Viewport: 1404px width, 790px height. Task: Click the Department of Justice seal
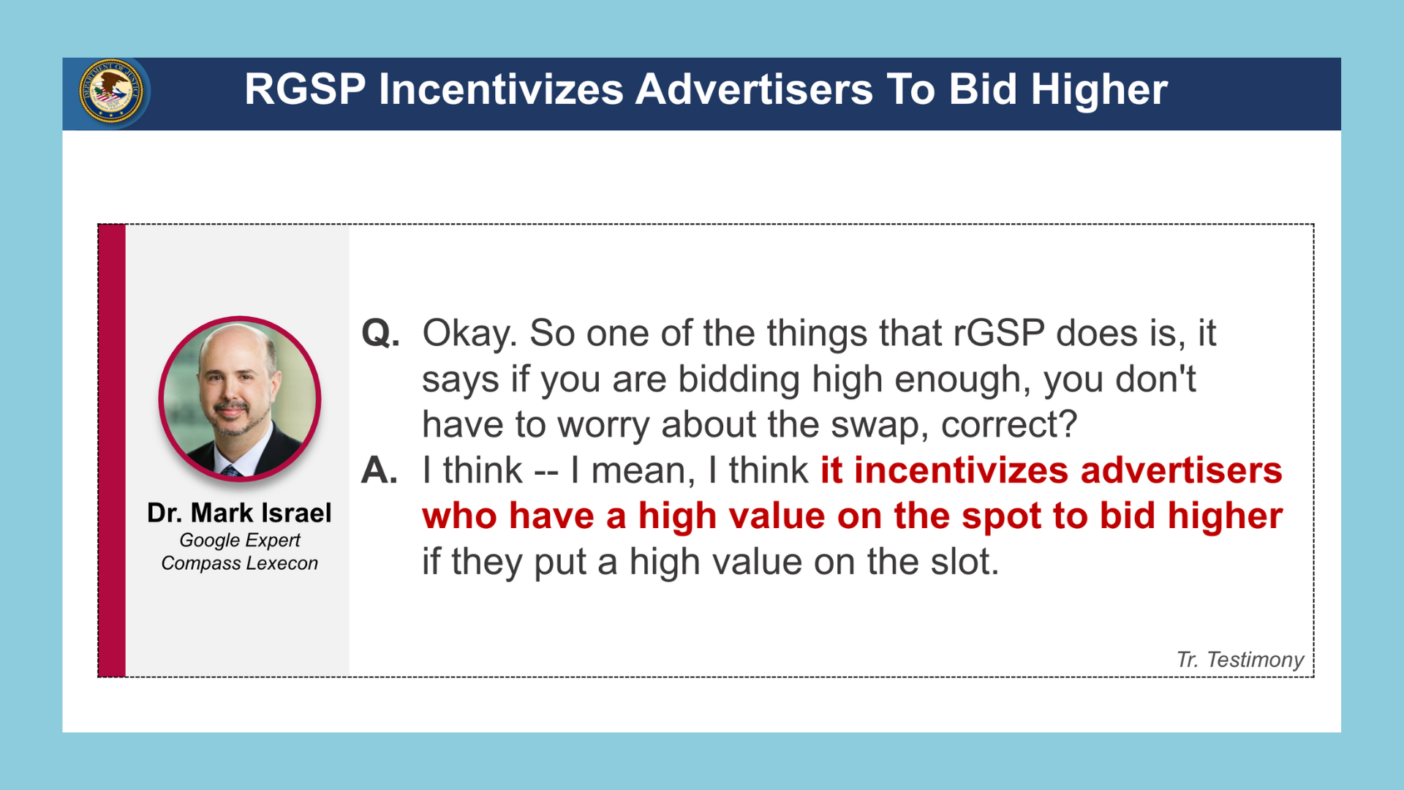[x=111, y=92]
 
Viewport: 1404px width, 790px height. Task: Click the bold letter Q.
[x=381, y=334]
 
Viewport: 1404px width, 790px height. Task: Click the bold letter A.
[x=380, y=470]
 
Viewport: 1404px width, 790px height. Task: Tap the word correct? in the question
[x=1009, y=425]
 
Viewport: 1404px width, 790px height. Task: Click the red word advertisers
[x=1182, y=470]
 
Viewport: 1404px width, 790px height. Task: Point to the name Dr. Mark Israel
[x=239, y=513]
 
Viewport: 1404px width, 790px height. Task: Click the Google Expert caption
[x=240, y=541]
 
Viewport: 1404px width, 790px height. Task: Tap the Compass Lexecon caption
[x=240, y=563]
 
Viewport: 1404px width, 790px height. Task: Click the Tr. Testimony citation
[x=1240, y=660]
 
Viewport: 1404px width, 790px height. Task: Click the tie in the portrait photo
[x=231, y=472]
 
